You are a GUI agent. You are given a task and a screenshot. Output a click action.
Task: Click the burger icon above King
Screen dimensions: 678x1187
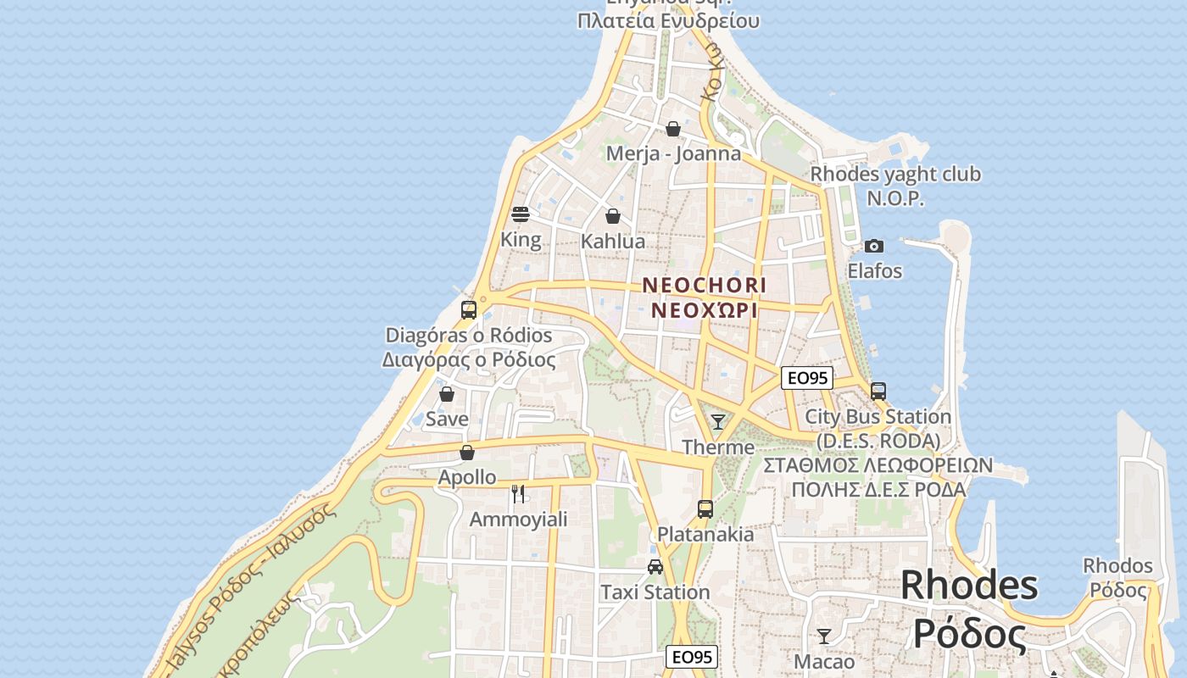pyautogui.click(x=521, y=214)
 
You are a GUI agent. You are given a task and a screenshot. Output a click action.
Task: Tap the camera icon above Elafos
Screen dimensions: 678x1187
pyautogui.click(x=874, y=247)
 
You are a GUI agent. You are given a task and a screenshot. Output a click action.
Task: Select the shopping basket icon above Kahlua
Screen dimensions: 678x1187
pyautogui.click(x=613, y=216)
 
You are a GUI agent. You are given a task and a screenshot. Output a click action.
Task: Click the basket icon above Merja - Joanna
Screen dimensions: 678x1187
pyautogui.click(x=673, y=129)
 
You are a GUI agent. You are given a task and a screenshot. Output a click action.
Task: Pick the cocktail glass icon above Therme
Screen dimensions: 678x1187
pyautogui.click(x=718, y=421)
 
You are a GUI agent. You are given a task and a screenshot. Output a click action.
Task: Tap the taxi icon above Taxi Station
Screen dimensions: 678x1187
pyautogui.click(x=655, y=566)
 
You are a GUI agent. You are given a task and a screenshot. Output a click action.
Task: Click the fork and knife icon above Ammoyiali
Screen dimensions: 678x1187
pyautogui.click(x=518, y=493)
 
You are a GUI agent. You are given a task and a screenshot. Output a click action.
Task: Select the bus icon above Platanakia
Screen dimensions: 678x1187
pyautogui.click(x=705, y=508)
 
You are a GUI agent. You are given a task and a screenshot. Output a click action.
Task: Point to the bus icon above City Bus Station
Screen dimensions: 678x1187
pyautogui.click(x=878, y=392)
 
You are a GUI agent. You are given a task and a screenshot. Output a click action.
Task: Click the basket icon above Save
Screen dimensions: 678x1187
pyautogui.click(x=447, y=394)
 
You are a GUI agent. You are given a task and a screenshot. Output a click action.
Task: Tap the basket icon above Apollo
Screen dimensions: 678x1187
pyautogui.click(x=466, y=453)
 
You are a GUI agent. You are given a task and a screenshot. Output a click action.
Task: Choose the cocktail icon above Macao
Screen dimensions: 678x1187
pyautogui.click(x=824, y=636)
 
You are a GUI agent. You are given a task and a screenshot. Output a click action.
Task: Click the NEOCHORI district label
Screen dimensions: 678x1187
pyautogui.click(x=704, y=286)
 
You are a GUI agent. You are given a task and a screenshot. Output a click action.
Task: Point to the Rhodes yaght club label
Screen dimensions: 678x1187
pyautogui.click(x=895, y=175)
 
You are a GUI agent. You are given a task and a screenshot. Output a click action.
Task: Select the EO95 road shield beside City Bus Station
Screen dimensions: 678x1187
pyautogui.click(x=807, y=378)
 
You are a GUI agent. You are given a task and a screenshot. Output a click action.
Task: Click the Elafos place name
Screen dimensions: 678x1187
pyautogui.click(x=875, y=271)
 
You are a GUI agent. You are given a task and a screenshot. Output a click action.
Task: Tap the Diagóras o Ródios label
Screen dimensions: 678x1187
pyautogui.click(x=469, y=336)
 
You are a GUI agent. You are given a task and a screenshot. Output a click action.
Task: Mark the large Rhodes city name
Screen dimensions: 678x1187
pyautogui.click(x=969, y=585)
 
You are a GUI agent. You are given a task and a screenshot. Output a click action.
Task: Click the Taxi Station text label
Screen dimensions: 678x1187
pyautogui.click(x=655, y=592)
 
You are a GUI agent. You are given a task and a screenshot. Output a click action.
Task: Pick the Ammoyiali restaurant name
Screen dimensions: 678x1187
pyautogui.click(x=518, y=519)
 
